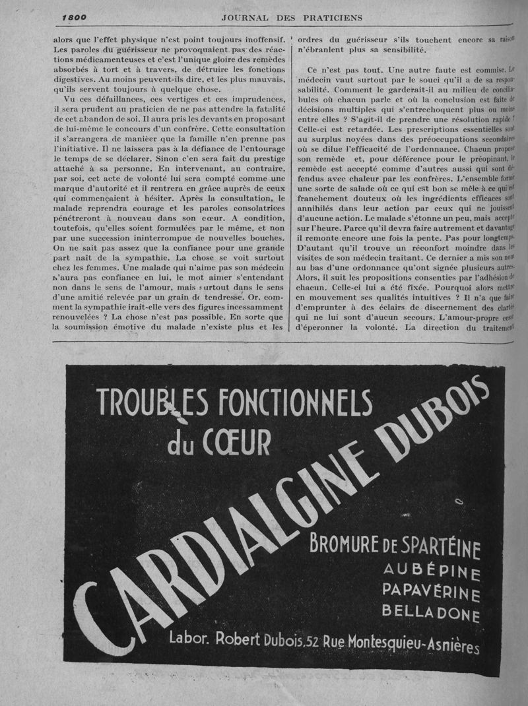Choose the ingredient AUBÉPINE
[432, 572]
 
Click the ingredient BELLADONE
[430, 616]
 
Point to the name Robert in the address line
[240, 638]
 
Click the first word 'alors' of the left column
[65, 39]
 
